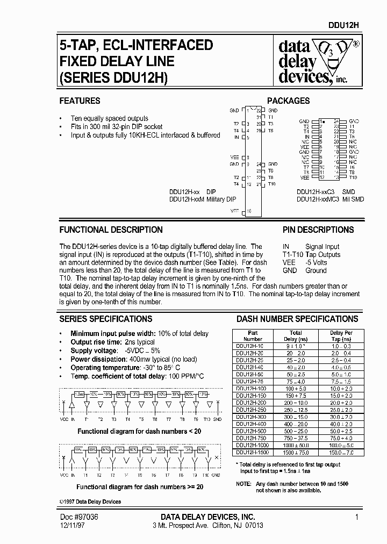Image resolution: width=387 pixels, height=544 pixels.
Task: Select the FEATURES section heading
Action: point(80,101)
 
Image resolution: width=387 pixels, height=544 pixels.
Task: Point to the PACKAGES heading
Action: point(288,101)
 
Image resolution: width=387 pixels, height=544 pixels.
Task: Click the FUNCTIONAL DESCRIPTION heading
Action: point(111,230)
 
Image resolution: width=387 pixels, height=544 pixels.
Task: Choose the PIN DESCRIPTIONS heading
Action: point(318,230)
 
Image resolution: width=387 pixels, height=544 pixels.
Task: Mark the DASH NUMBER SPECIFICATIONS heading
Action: point(297,319)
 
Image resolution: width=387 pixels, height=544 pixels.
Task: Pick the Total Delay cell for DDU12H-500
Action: point(296,431)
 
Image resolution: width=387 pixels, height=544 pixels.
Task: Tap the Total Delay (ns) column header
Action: point(296,336)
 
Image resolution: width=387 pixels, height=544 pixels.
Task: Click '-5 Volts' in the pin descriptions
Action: point(316,262)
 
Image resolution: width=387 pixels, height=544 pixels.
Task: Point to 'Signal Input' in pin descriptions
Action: point(322,246)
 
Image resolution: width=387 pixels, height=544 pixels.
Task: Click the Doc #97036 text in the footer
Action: point(78,517)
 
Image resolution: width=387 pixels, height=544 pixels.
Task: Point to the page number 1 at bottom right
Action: point(357,517)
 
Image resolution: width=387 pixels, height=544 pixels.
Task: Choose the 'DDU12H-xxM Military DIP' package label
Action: point(203,199)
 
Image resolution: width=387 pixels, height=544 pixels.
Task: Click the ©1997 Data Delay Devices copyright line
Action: point(90,502)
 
